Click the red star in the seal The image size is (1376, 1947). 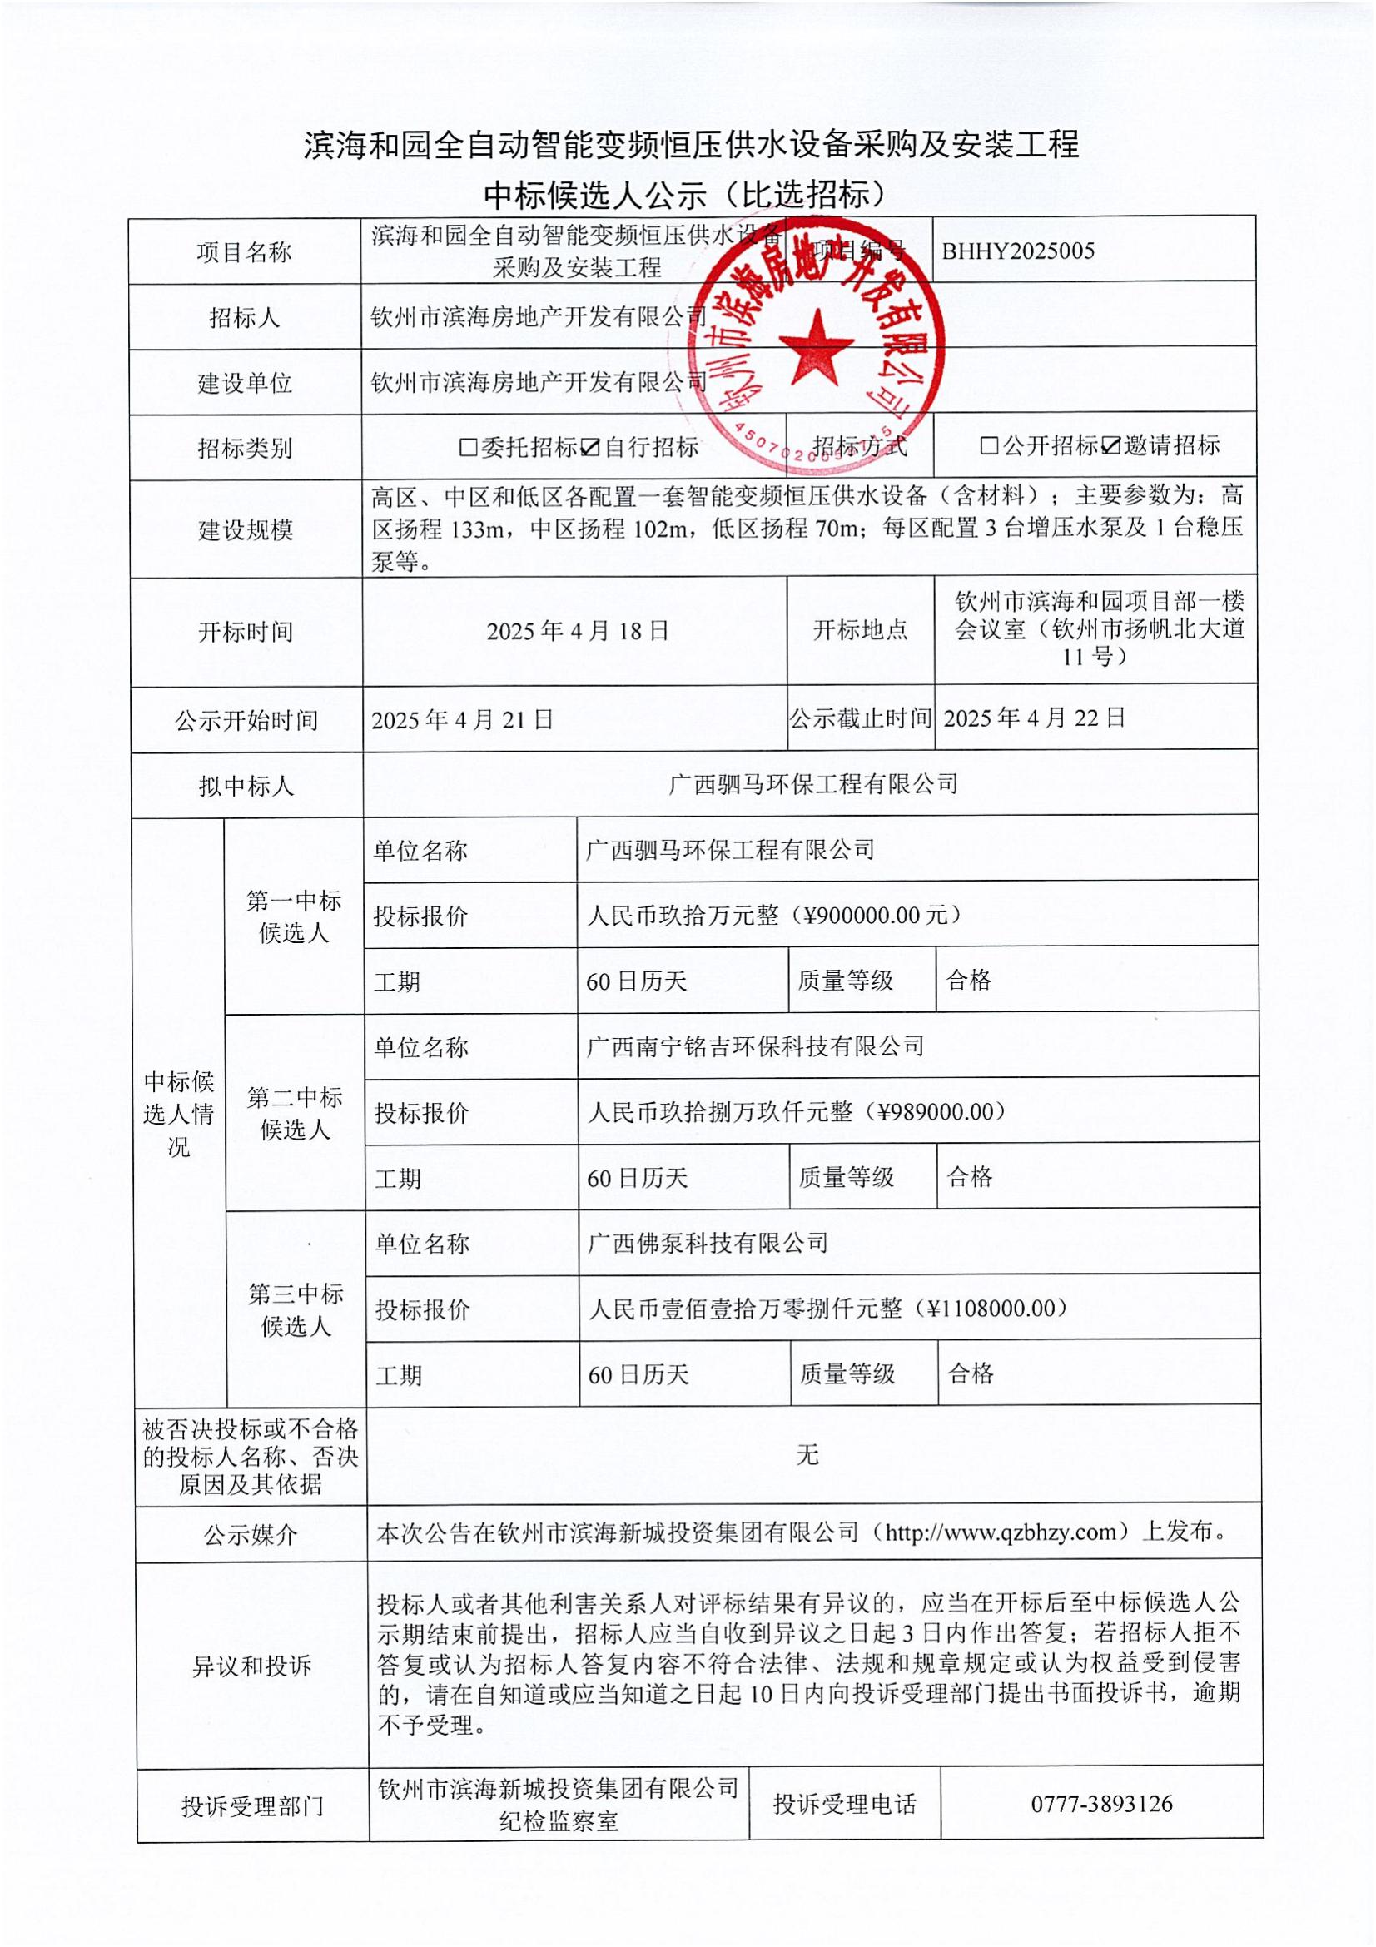point(816,345)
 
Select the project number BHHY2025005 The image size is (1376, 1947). point(1017,251)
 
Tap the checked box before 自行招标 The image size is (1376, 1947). point(592,447)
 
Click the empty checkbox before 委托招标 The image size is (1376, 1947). point(468,447)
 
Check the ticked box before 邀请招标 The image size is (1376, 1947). point(1110,445)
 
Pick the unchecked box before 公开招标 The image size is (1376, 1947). point(989,445)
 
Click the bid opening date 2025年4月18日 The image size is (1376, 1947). point(578,631)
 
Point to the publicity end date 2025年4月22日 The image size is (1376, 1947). point(1035,718)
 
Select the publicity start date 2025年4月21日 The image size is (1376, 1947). point(462,720)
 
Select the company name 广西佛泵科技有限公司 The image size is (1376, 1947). point(707,1243)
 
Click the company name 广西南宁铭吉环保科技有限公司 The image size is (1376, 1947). point(754,1046)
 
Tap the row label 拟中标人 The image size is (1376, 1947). point(246,786)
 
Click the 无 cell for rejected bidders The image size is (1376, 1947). point(807,1455)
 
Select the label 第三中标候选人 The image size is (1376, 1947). point(295,1310)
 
